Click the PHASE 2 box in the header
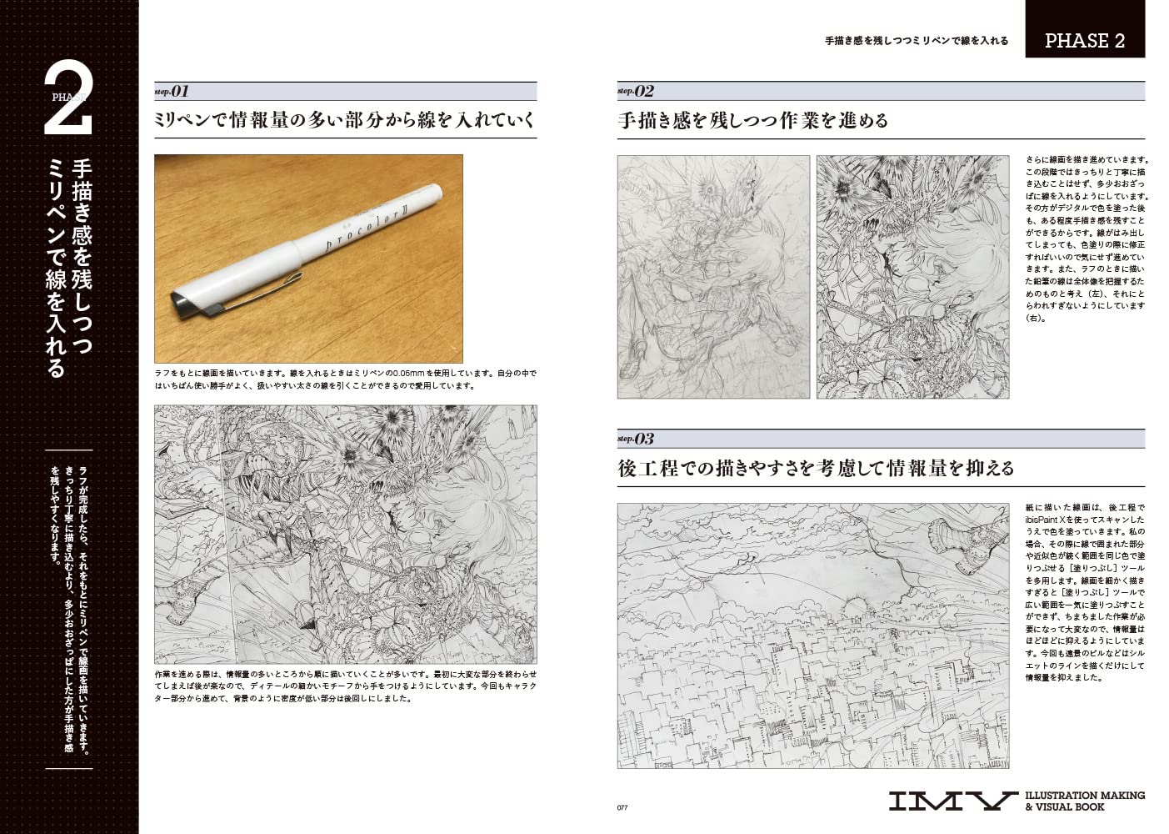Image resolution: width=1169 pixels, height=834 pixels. click(x=1084, y=39)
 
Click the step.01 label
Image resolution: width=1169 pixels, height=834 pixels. click(x=172, y=91)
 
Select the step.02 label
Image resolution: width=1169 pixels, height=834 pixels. click(x=636, y=91)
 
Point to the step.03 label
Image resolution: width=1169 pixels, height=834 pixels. click(x=636, y=439)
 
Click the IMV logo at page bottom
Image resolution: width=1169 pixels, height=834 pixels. click(x=952, y=801)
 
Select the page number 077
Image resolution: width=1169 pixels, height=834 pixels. click(x=622, y=806)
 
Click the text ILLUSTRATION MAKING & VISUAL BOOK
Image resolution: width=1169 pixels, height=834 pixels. click(x=1084, y=801)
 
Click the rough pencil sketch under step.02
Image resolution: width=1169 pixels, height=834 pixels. click(x=713, y=277)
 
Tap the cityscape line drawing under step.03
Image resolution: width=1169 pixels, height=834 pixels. click(x=813, y=635)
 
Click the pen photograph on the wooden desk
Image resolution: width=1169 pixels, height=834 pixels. click(x=308, y=259)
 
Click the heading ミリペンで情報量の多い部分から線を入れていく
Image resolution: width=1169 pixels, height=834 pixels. click(x=344, y=121)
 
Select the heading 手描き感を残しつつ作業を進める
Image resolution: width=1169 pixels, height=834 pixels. click(x=753, y=121)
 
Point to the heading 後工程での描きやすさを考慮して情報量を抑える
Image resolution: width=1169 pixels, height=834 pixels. click(x=816, y=468)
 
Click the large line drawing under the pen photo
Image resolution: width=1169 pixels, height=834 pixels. click(x=346, y=535)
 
